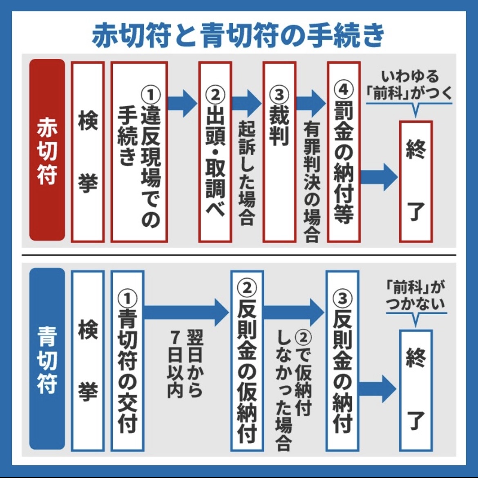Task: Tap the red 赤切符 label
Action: tap(47, 150)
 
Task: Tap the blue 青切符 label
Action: tap(47, 359)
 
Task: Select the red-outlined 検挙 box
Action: tap(88, 152)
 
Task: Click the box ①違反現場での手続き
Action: tap(139, 152)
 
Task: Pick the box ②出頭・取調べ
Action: tap(215, 152)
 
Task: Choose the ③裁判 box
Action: tap(279, 152)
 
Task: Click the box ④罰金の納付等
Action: tap(343, 152)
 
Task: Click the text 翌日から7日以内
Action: tap(186, 364)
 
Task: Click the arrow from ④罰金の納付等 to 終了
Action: tap(378, 176)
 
